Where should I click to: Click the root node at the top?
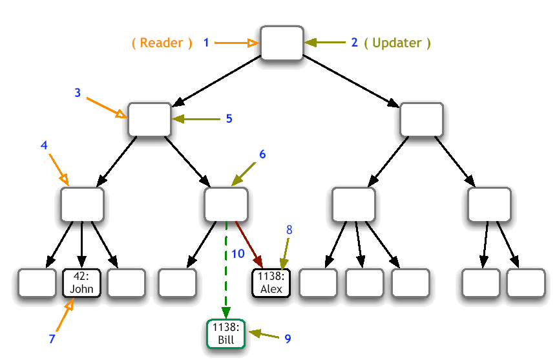pos(282,43)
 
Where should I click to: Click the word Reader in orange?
pos(162,43)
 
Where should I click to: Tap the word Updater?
pos(397,43)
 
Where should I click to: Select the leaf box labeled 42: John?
pos(81,283)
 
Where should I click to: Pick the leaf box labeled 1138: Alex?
pos(271,283)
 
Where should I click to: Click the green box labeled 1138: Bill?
pos(226,334)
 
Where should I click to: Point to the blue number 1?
pos(206,43)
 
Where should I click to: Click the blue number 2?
pos(354,43)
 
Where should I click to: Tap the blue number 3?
pos(78,92)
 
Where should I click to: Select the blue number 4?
pos(44,145)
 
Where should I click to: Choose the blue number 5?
pos(228,119)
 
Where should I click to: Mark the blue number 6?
pos(262,154)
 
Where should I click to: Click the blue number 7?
pos(52,339)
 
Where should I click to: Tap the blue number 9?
pos(288,338)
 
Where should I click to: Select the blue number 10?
pos(238,254)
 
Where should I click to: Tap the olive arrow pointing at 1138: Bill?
pos(264,335)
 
